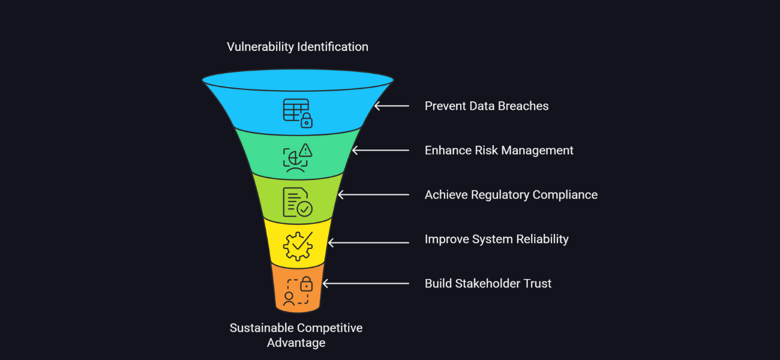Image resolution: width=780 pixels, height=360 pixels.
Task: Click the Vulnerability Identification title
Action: click(x=298, y=47)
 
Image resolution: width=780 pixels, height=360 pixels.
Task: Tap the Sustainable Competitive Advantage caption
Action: click(x=296, y=335)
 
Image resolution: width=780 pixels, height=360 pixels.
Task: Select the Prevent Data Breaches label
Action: click(x=487, y=106)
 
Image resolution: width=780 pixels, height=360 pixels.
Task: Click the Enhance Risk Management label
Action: click(x=499, y=151)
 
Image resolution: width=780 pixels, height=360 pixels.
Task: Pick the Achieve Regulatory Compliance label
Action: click(x=511, y=195)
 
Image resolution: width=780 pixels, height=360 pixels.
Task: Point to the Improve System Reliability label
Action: click(x=497, y=239)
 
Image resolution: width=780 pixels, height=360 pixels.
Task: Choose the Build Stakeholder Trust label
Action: click(x=488, y=284)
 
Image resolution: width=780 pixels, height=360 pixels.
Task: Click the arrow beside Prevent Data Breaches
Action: click(x=391, y=106)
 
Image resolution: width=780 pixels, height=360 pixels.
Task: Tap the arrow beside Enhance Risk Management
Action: click(x=380, y=151)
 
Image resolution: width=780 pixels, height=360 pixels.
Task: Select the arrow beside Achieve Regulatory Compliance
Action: click(x=373, y=195)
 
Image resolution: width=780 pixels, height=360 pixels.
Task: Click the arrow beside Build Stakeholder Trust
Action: click(x=365, y=284)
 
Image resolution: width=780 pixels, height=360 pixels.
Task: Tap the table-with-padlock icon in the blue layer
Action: click(x=298, y=113)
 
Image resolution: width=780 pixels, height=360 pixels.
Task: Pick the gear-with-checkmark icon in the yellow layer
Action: click(x=298, y=246)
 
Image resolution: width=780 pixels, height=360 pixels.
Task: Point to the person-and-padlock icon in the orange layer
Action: click(x=298, y=291)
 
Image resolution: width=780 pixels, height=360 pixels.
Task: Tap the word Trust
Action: click(x=536, y=284)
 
